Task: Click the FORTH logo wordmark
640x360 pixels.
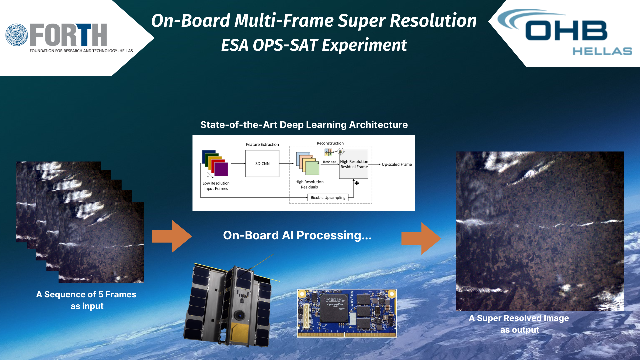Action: click(x=68, y=35)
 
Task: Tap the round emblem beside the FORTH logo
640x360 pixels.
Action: click(x=17, y=35)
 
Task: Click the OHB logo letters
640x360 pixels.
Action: click(x=566, y=30)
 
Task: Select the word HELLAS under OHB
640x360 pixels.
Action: click(x=602, y=51)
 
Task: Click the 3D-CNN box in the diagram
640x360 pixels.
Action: click(x=262, y=163)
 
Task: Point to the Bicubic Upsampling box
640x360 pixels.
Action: click(x=328, y=197)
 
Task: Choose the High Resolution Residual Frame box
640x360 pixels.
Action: click(x=354, y=164)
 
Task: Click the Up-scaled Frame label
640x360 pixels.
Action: click(x=397, y=164)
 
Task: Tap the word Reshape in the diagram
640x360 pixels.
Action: click(x=330, y=162)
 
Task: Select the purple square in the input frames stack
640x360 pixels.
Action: click(x=221, y=169)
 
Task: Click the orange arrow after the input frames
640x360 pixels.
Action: click(x=172, y=236)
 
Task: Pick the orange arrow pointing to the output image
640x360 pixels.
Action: click(x=421, y=238)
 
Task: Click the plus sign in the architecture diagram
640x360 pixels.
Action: click(x=357, y=183)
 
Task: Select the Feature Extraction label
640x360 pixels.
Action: click(x=262, y=144)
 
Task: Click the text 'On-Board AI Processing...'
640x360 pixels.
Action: click(x=297, y=235)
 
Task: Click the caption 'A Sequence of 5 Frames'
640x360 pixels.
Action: click(x=86, y=294)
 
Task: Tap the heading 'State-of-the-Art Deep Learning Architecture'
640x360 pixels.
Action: click(x=304, y=125)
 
